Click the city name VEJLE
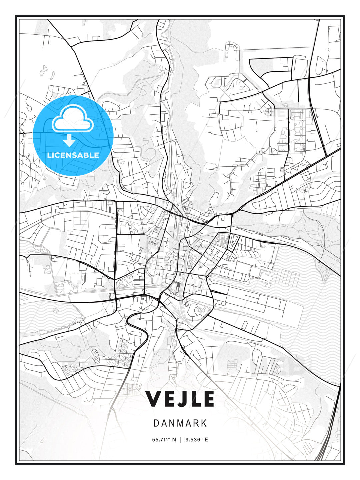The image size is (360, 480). (x=180, y=399)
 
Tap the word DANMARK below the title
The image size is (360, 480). (x=180, y=423)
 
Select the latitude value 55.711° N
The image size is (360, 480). (x=164, y=440)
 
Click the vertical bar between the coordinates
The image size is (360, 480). (x=181, y=440)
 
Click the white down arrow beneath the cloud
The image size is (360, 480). (x=69, y=141)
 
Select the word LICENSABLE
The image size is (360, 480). (x=73, y=155)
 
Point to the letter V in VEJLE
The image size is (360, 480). (x=154, y=399)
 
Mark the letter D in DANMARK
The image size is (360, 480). (x=156, y=423)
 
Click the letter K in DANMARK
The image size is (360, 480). (x=204, y=423)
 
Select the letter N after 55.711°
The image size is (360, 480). (x=174, y=440)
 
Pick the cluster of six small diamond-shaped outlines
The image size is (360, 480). (x=201, y=310)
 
